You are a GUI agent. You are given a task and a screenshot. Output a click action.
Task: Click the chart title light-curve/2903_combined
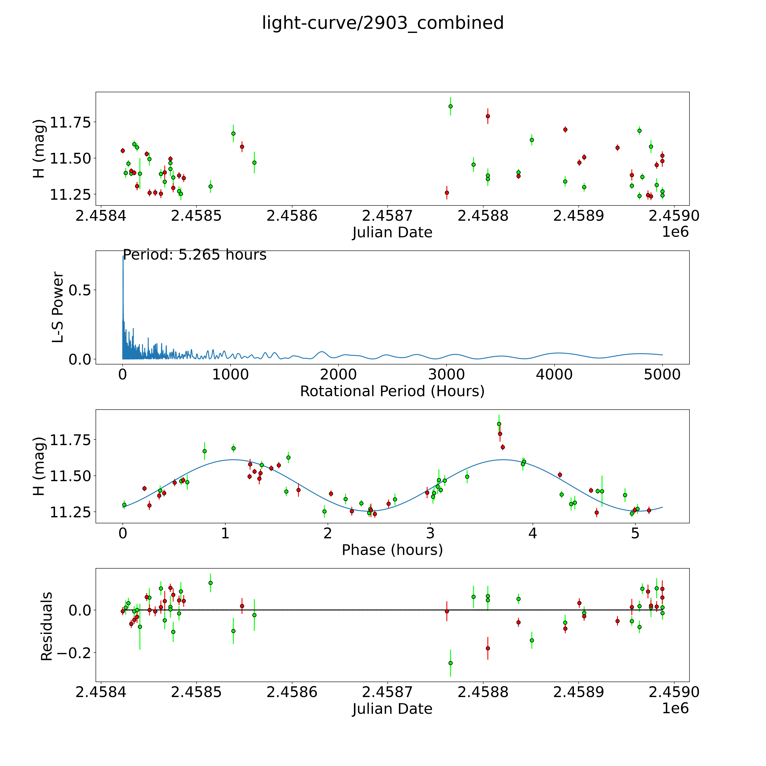coord(383,23)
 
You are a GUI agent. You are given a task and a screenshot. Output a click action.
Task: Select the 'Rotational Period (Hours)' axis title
coord(392,391)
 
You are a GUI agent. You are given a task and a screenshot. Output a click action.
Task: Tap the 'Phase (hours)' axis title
coord(392,550)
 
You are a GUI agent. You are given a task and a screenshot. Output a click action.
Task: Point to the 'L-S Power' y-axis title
coord(58,307)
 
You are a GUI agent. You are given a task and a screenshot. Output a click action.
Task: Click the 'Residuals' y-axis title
coord(47,626)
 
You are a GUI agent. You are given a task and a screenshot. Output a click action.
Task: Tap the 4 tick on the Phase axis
coord(533,533)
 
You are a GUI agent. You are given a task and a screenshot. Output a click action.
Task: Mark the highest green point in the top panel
coord(450,106)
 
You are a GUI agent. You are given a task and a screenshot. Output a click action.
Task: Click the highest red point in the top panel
coord(488,116)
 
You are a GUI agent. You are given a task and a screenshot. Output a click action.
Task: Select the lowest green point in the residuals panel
coord(450,663)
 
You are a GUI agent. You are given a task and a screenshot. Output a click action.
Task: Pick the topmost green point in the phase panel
coord(499,424)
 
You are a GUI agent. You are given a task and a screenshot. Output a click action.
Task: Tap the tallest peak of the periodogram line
coord(123,257)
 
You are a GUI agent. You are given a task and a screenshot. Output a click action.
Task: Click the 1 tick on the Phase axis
coord(225,533)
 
